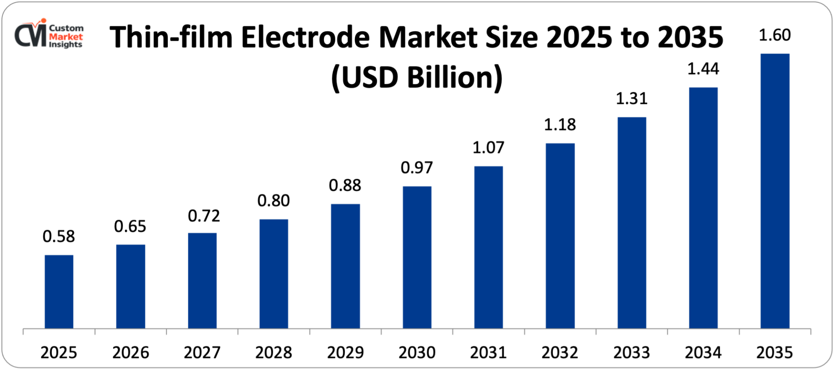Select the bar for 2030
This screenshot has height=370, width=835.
pyautogui.click(x=417, y=257)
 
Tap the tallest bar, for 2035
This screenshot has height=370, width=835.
pyautogui.click(x=775, y=191)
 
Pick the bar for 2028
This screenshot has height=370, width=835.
pyautogui.click(x=273, y=274)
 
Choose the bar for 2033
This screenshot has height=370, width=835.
pyautogui.click(x=632, y=223)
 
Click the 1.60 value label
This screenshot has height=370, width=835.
pyautogui.click(x=774, y=35)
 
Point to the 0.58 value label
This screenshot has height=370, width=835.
pyautogui.click(x=59, y=236)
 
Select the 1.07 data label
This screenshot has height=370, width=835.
pyautogui.click(x=488, y=147)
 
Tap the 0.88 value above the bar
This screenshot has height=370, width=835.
pyautogui.click(x=345, y=185)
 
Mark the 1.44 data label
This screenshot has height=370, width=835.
pyautogui.click(x=703, y=69)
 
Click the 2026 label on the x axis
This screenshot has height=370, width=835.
pyautogui.click(x=131, y=353)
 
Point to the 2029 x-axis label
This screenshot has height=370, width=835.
pyautogui.click(x=345, y=353)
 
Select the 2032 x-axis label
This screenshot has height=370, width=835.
pyautogui.click(x=560, y=353)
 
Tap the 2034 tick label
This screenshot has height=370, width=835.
pyautogui.click(x=703, y=353)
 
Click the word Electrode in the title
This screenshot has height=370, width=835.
pyautogui.click(x=305, y=38)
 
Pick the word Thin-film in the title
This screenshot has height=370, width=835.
pyautogui.click(x=171, y=38)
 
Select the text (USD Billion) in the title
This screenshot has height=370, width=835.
pyautogui.click(x=417, y=78)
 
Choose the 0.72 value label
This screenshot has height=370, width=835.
pyautogui.click(x=204, y=216)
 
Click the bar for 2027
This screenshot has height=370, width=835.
pyautogui.click(x=202, y=281)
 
